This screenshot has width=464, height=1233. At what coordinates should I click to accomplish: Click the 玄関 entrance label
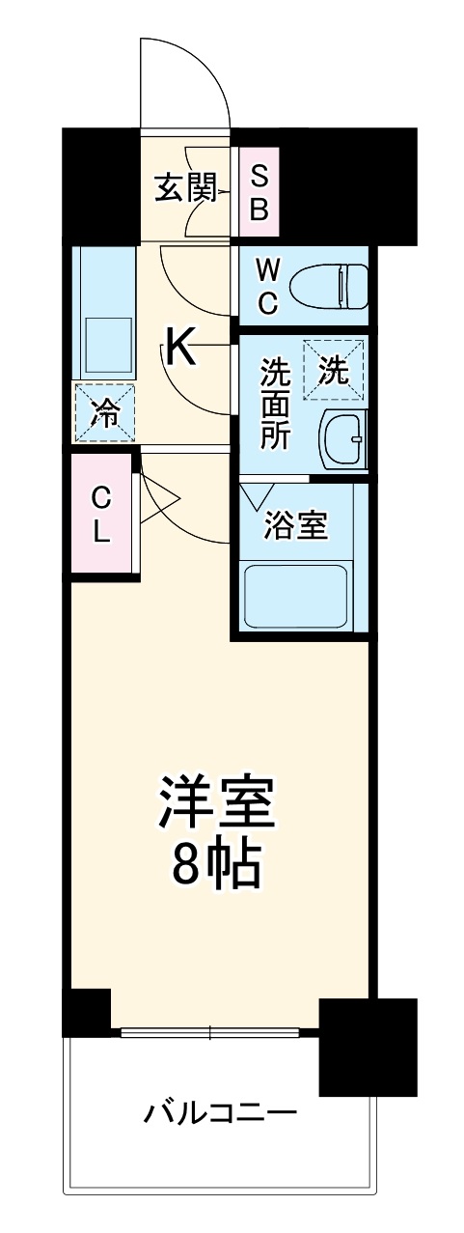(184, 187)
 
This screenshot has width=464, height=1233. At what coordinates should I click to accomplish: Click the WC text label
(266, 285)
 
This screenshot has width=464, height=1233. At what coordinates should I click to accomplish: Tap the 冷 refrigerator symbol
(103, 413)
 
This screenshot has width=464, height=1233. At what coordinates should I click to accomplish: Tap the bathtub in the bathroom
(296, 597)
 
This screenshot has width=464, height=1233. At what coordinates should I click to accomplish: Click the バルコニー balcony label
(220, 1115)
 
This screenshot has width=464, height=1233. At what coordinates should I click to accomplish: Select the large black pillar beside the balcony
(368, 1048)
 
